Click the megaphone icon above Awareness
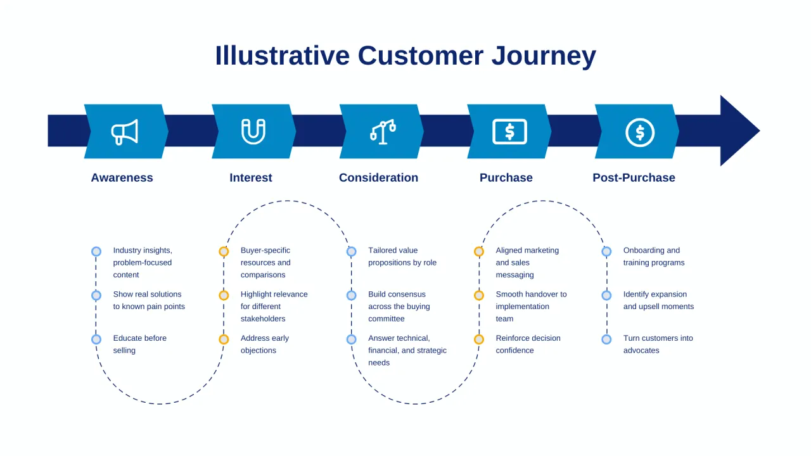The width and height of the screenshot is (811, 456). point(125,132)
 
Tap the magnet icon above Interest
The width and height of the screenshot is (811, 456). point(253,132)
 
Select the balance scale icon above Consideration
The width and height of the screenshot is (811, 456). point(383,132)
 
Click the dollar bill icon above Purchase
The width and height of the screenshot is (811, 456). point(509,132)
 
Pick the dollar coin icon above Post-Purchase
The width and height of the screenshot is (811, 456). point(639,132)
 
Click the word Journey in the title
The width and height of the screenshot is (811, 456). point(544,56)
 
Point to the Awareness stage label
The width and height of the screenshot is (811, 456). point(122,177)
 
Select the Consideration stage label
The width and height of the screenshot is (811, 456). point(378,177)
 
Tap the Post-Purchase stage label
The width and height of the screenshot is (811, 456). point(634,177)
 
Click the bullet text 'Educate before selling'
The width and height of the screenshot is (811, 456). point(139,344)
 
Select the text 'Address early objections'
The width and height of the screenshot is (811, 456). point(264,344)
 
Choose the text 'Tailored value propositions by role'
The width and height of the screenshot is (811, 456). point(402,256)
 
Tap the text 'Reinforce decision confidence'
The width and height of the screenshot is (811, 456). point(528,344)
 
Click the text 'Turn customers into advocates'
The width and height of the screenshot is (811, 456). point(658,344)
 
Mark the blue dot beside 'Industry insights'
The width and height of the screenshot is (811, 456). point(96,251)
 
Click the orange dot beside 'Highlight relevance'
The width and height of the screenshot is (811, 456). point(224,295)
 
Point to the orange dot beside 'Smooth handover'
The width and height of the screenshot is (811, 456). point(479,295)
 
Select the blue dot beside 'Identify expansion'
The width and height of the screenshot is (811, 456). point(606,295)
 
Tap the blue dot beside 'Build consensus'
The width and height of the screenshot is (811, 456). point(352,295)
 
